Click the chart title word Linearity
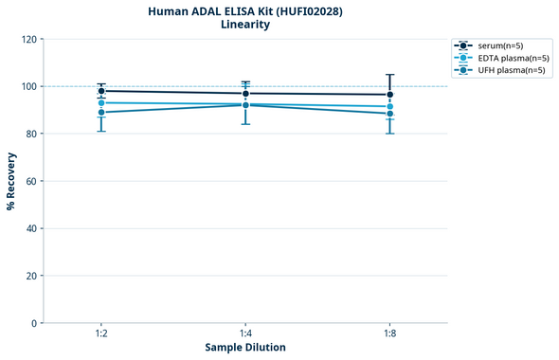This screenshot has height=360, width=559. (x=244, y=25)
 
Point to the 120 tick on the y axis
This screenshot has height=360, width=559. (x=28, y=40)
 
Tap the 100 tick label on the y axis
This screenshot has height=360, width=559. (x=28, y=87)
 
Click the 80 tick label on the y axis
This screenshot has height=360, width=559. (x=31, y=135)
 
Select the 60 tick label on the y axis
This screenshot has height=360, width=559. (x=31, y=182)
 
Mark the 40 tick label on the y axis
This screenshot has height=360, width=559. (x=31, y=229)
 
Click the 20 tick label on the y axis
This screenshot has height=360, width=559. (x=31, y=277)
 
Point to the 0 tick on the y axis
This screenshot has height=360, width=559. (x=34, y=324)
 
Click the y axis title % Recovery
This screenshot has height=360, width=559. (x=11, y=181)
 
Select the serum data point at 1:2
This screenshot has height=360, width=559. (x=101, y=91)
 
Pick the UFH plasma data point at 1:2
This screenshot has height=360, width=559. (x=101, y=113)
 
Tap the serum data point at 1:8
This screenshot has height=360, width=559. (x=389, y=95)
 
